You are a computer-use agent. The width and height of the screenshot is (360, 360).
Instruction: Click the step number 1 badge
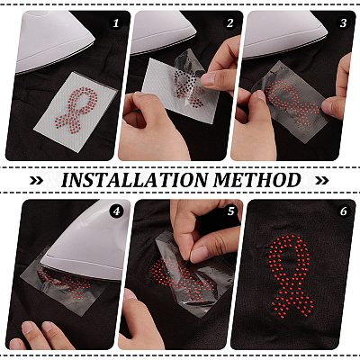(116, 23)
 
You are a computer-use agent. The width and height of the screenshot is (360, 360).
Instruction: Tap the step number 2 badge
(230, 23)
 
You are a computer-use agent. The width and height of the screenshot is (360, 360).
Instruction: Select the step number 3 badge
(344, 23)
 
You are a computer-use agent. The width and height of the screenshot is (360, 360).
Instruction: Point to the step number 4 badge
(116, 211)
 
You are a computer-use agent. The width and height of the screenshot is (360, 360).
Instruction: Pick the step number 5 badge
(230, 211)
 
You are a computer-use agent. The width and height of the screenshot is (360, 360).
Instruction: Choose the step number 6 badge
(344, 211)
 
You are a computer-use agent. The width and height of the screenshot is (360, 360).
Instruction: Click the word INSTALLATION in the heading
(134, 180)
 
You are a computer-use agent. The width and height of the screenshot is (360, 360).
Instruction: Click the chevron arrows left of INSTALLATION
(38, 181)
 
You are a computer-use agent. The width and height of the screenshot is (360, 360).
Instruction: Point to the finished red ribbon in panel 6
(290, 277)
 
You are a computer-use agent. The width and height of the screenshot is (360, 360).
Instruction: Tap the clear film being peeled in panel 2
(187, 79)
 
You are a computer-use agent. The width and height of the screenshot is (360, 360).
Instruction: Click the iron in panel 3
(285, 34)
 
